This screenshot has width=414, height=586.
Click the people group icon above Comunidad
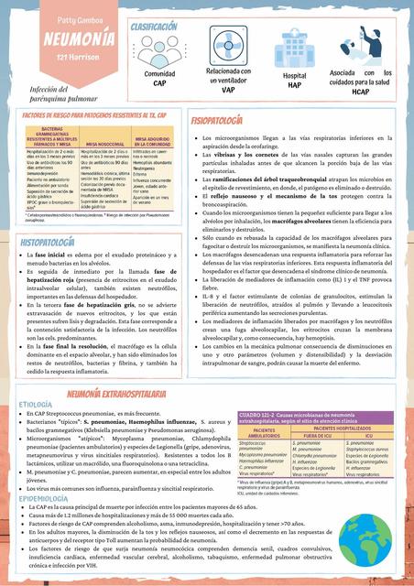point(160,51)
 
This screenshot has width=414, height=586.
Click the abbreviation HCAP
point(360,91)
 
